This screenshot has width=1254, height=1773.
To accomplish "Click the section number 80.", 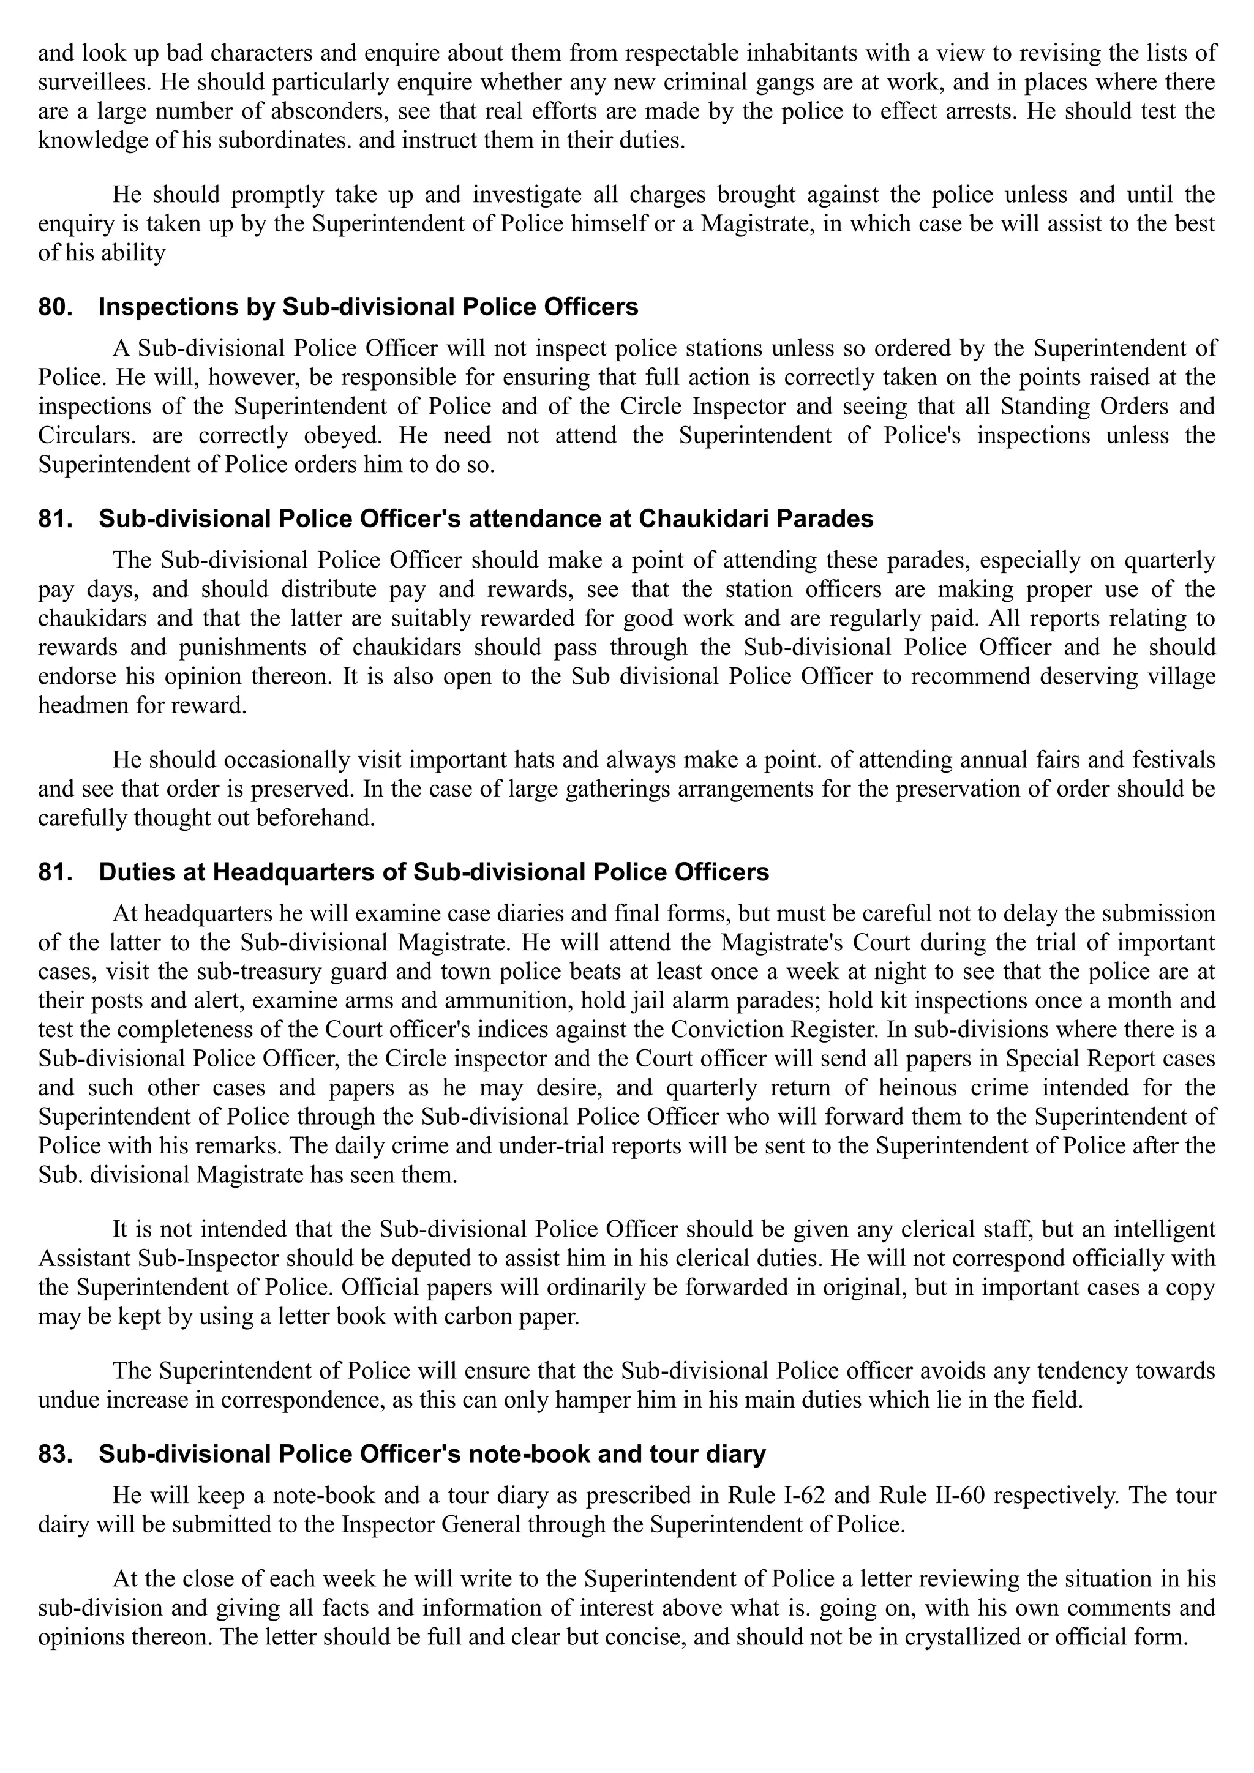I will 56,307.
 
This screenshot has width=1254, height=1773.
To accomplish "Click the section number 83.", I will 56,1455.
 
